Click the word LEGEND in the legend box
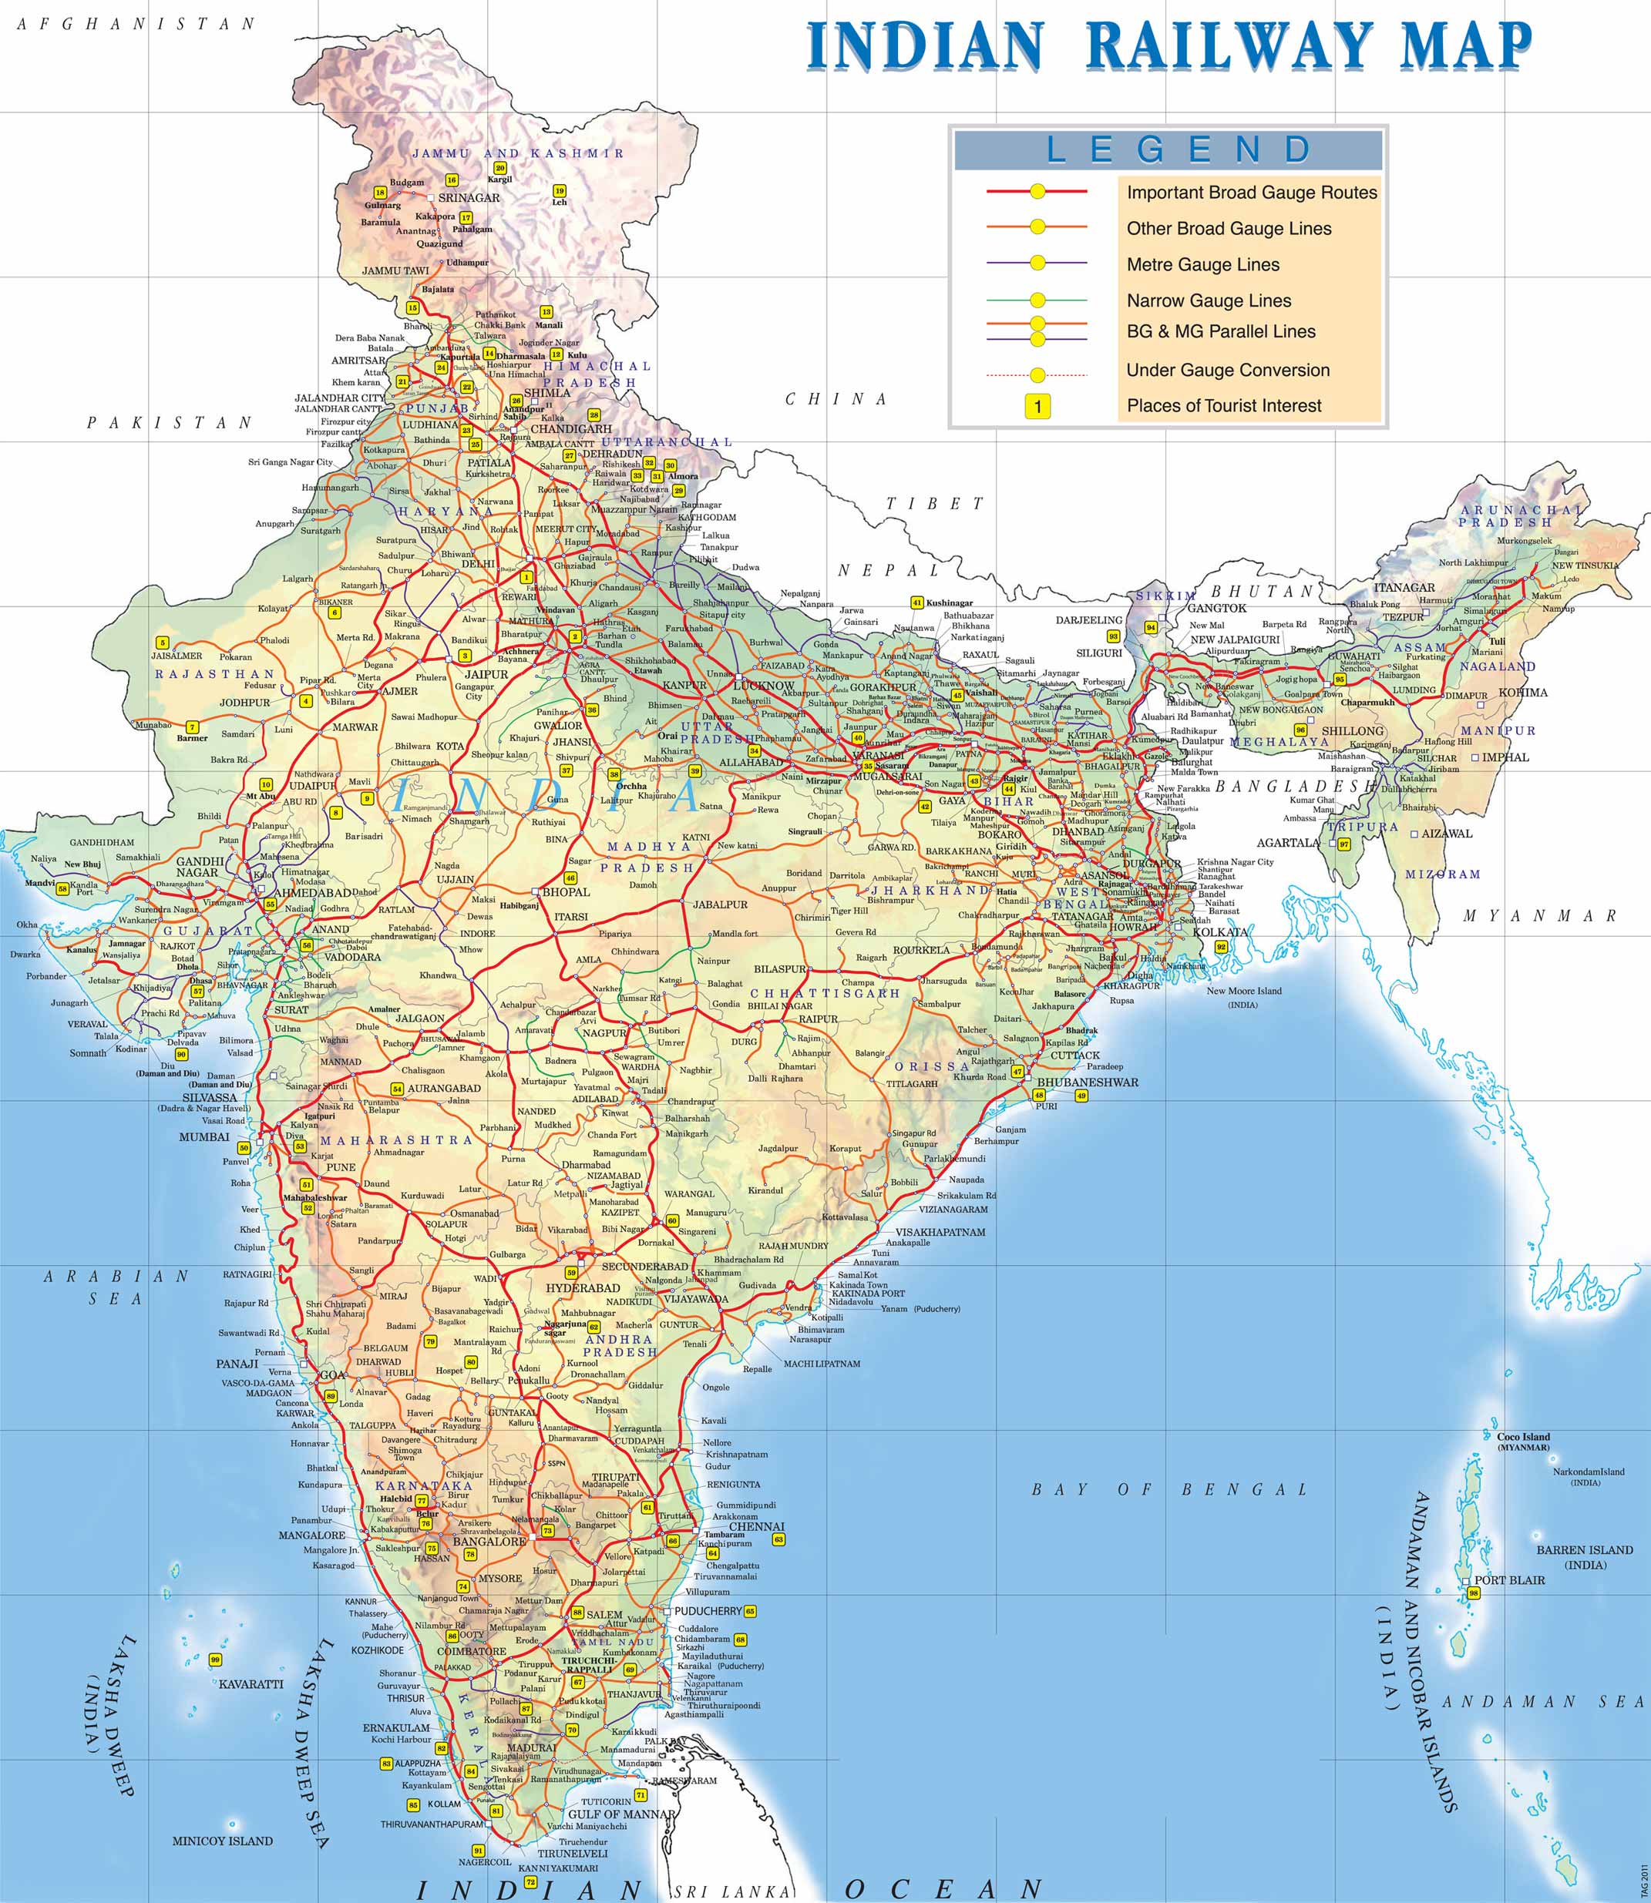1180,149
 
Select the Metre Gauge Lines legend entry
1202,264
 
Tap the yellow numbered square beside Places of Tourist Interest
1037,406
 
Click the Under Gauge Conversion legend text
1227,371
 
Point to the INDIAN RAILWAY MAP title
1169,45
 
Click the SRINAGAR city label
469,198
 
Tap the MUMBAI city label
204,1136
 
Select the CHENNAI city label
756,1526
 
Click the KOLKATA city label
1220,932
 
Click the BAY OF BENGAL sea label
1169,1489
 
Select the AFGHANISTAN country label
136,24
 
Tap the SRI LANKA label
732,1892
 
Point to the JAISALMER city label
177,656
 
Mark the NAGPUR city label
604,1033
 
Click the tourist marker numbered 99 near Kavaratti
215,1660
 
